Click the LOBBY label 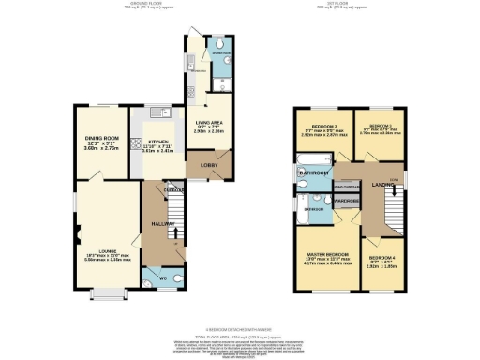(x=207, y=165)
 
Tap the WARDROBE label (x=347, y=201)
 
